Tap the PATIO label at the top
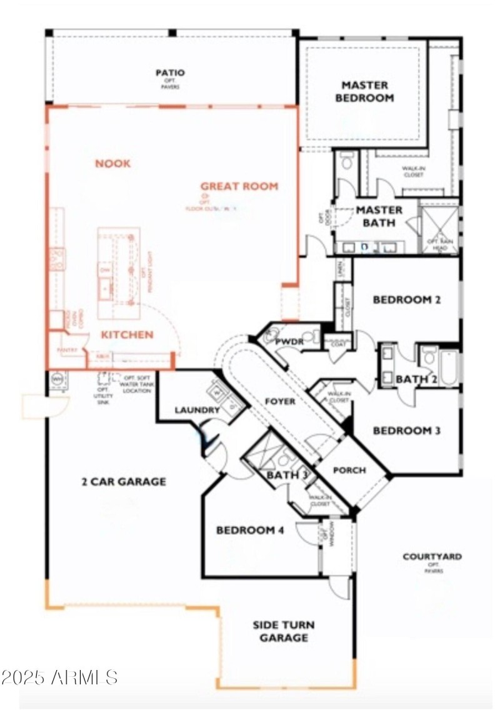point(170,73)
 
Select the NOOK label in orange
point(112,164)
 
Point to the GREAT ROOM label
point(239,186)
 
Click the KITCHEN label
point(127,335)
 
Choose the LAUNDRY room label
point(197,410)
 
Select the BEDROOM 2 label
point(407,300)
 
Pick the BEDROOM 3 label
point(407,430)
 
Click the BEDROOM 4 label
point(250,530)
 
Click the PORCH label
point(349,470)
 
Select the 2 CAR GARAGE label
point(123,482)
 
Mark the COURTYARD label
point(432,557)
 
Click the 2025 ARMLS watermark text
point(59,677)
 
